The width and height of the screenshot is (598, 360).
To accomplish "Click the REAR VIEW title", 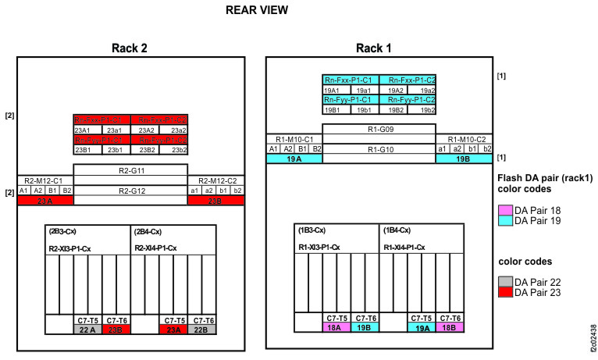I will (x=256, y=10).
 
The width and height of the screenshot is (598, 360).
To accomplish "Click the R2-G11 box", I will (x=130, y=169).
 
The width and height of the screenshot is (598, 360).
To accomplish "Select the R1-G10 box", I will (x=379, y=148).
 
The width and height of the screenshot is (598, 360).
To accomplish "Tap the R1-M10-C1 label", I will (x=294, y=138).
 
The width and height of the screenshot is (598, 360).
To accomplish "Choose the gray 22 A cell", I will (x=88, y=330).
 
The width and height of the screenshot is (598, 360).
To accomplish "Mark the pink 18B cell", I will (x=450, y=329).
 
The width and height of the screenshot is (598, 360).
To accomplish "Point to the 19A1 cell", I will (x=336, y=90).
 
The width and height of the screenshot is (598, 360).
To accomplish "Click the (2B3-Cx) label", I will (x=64, y=232).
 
